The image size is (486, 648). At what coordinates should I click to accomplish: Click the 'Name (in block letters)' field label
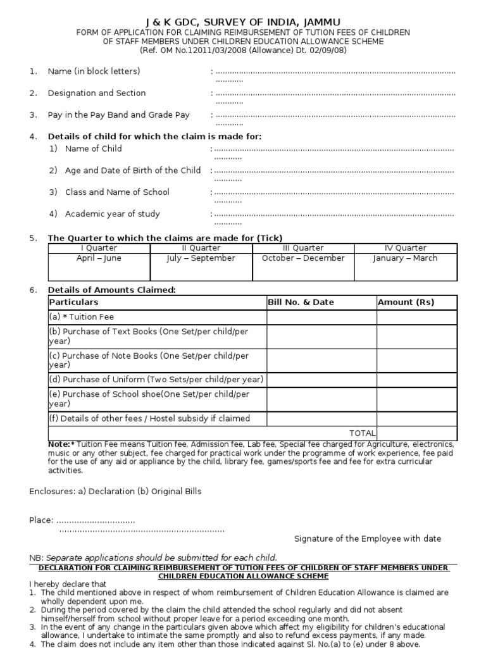(94, 72)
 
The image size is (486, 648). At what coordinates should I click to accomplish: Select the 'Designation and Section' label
(96, 93)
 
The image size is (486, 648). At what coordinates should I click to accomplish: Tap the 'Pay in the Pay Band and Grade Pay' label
(118, 115)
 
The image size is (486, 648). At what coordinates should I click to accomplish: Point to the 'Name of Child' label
(93, 149)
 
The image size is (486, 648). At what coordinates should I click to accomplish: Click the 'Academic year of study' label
(112, 214)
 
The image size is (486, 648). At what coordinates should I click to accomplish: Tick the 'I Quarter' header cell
(99, 248)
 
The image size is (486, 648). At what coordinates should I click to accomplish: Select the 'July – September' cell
(201, 258)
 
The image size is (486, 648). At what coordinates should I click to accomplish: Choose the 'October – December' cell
(303, 258)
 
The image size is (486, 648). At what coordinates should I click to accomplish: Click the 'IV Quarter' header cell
(406, 248)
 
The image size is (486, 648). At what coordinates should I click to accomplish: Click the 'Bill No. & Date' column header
(301, 302)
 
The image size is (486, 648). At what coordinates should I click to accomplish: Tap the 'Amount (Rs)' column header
(406, 302)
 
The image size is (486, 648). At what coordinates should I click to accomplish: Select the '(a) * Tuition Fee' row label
(82, 317)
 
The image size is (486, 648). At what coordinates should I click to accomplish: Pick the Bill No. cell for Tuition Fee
(321, 317)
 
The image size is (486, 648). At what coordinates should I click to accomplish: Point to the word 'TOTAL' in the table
(363, 433)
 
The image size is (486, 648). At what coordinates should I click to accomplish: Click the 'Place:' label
(41, 520)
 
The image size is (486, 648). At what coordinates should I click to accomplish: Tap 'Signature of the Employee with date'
(368, 539)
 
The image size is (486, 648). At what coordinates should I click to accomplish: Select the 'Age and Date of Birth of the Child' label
(132, 171)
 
